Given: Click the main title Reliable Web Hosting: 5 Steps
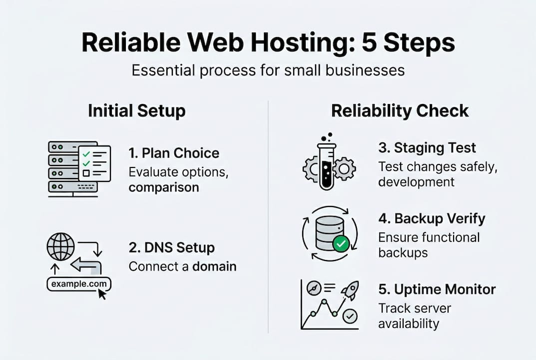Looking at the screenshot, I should pos(268,43).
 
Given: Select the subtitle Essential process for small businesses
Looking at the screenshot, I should pos(268,70).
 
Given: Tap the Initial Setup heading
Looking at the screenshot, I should pos(136,110).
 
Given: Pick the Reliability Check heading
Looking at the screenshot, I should pos(400,110).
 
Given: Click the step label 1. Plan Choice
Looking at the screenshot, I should pos(174,153).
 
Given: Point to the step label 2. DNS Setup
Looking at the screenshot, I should pos(171,247).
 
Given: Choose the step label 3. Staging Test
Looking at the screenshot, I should pos(427,148).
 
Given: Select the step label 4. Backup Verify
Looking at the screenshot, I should pos(432,218).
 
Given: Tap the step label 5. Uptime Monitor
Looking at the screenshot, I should pos(437,289).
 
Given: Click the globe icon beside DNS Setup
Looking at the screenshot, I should pos(60,246).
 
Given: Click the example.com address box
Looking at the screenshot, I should pos(79,284).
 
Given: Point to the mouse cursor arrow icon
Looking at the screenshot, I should pos(102,293).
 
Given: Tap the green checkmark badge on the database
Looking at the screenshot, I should pos(341,244).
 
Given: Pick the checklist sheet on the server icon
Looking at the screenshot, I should pos(94,163).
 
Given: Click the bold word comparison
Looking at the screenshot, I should pos(164,187).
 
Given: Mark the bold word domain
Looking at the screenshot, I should pos(215,266).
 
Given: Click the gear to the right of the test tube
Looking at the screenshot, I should pos(344,168).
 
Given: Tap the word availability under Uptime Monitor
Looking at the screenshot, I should pos(409,323).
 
